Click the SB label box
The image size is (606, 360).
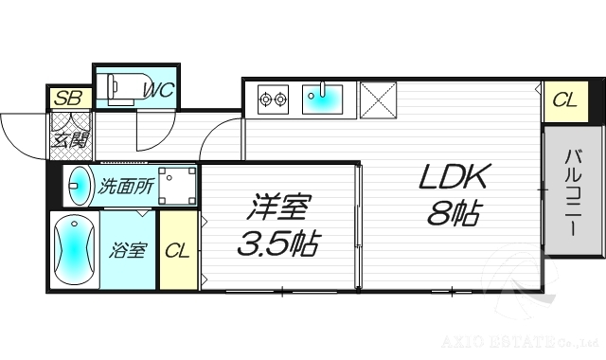click(68, 98)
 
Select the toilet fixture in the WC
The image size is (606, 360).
click(118, 87)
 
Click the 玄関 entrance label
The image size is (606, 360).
click(69, 139)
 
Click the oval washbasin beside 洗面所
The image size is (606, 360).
click(80, 186)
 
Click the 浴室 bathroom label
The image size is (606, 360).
click(129, 251)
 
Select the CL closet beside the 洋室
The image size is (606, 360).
click(178, 251)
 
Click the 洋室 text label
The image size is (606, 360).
click(279, 206)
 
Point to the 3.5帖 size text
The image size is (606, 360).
click(276, 245)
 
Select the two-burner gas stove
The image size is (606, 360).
click(273, 98)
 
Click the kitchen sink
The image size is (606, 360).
click(324, 98)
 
